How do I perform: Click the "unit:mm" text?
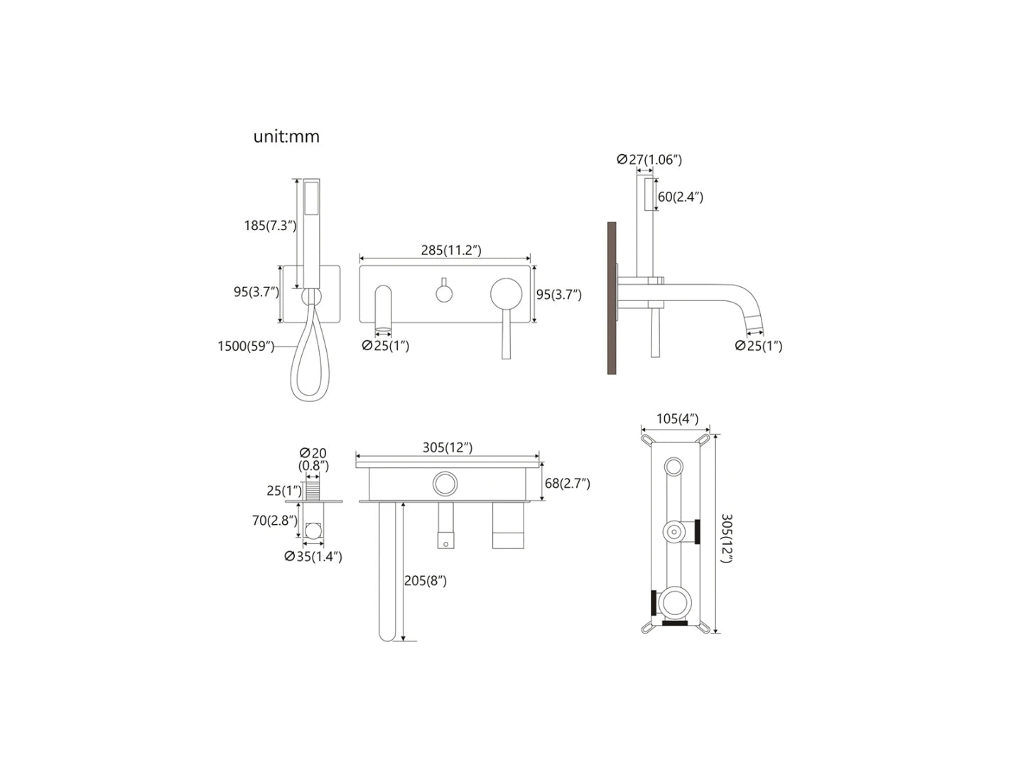point(286,136)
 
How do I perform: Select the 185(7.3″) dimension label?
point(270,226)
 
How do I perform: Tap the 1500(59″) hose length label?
point(246,347)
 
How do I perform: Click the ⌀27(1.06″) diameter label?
point(649,160)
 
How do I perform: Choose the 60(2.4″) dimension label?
point(680,197)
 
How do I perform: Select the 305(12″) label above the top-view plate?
point(448,447)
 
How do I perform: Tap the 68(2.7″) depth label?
point(567,484)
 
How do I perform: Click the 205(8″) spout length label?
point(426,581)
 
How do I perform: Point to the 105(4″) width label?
point(677,419)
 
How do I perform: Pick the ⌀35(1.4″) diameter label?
point(313,557)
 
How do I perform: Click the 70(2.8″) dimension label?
point(274,521)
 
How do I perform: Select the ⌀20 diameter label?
point(313,453)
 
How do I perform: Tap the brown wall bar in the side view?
point(612,298)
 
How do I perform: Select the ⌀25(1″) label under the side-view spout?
point(759,346)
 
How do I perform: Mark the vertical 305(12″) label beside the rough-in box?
point(725,538)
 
